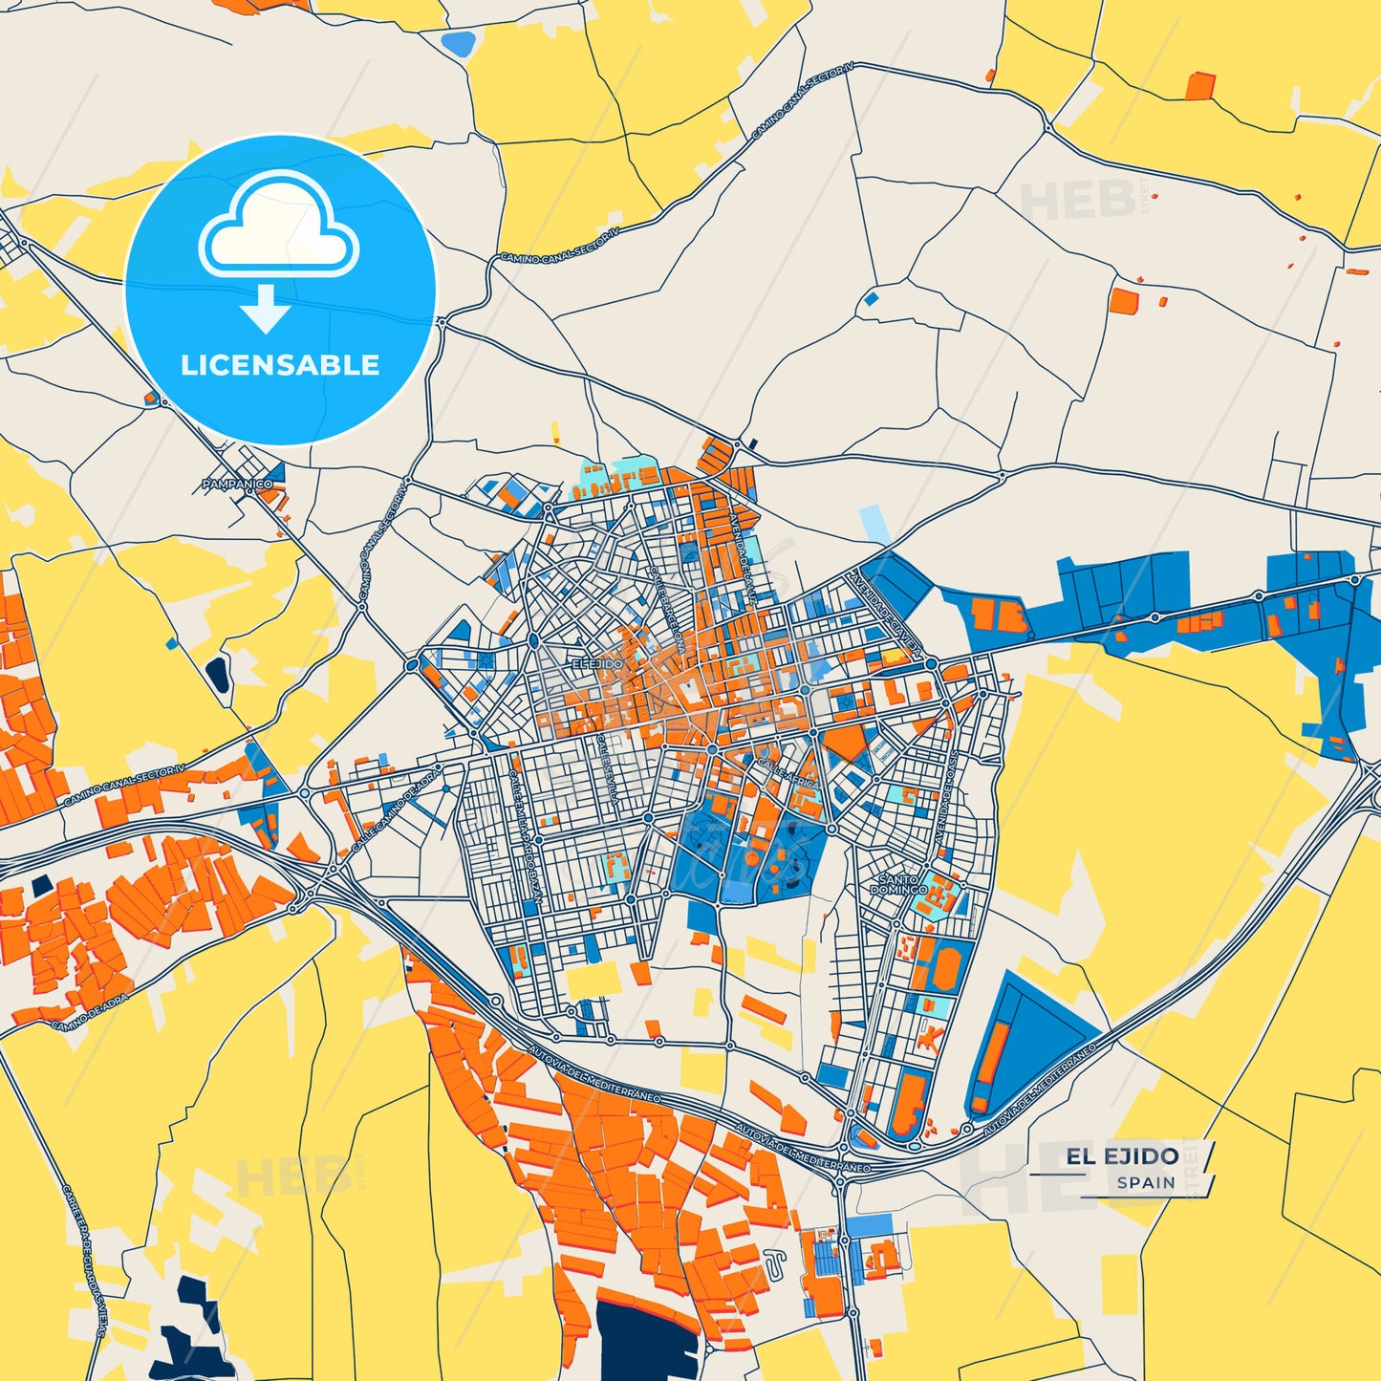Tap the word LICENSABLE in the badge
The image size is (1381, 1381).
click(280, 365)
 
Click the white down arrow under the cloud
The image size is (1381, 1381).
click(266, 310)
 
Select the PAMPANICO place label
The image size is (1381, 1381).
click(237, 485)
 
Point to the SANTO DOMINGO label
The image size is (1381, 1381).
click(898, 884)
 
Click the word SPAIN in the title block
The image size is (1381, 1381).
click(1146, 1182)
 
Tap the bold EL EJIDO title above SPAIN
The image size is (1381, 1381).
click(1122, 1156)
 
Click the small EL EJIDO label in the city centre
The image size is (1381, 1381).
click(597, 663)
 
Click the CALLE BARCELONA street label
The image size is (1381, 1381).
click(667, 611)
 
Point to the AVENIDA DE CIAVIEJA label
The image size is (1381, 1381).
click(884, 612)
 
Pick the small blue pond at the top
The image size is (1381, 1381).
click(460, 43)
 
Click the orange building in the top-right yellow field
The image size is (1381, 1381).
click(1199, 86)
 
